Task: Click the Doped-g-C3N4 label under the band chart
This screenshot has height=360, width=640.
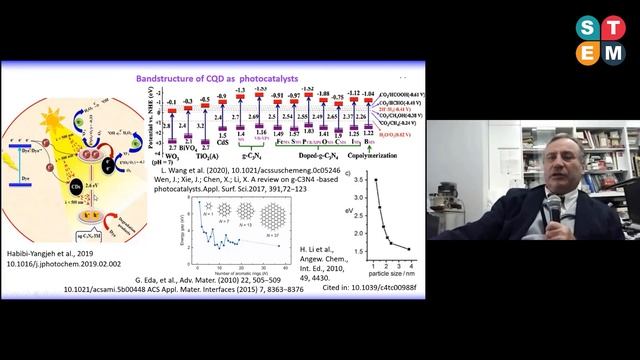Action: pos(324,158)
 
